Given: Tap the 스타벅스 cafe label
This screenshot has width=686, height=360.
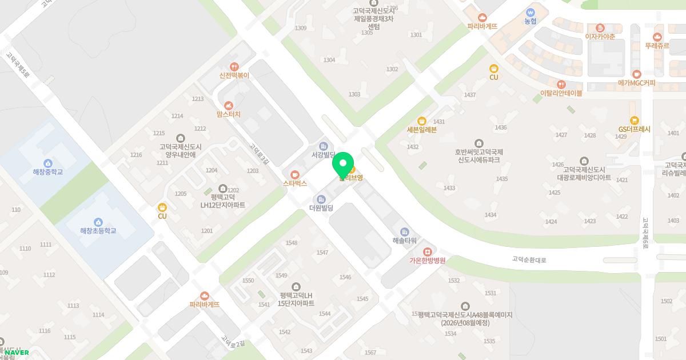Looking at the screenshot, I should point(295,183).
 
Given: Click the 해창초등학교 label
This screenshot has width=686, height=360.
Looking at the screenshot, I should point(98,231).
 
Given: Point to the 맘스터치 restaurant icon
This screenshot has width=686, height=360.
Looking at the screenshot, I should point(229,105).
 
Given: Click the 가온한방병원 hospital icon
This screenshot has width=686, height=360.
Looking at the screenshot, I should point(427,252).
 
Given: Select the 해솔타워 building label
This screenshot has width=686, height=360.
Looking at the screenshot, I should point(405,241).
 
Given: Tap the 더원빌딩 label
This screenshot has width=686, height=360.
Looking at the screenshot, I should point(321,208).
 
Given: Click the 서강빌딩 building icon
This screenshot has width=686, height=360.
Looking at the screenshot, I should point(323,146).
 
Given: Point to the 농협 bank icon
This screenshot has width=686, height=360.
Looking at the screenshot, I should point(531,12).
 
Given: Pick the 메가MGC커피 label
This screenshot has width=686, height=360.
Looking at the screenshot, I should point(637,83).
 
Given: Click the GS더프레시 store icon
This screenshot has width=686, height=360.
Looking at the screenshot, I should point(634,120).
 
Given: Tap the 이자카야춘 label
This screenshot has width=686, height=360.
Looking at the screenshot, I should point(600,37).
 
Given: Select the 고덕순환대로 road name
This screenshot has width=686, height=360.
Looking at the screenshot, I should point(529,260).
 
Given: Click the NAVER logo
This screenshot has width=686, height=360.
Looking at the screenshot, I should point(17,353).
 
